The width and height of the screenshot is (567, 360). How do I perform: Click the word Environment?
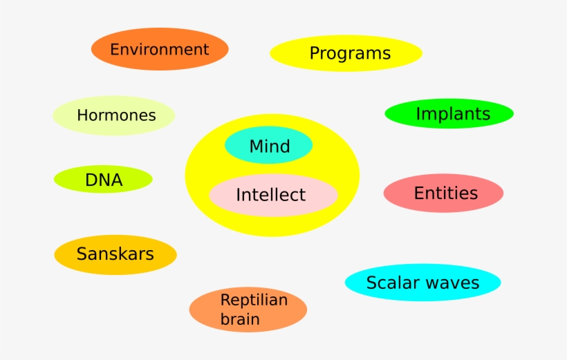click(x=159, y=50)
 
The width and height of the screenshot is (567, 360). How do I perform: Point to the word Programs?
click(x=350, y=53)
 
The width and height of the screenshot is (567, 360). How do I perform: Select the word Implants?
click(x=453, y=114)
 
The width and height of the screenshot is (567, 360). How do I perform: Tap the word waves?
click(x=452, y=283)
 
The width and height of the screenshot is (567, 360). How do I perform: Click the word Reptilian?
click(x=254, y=300)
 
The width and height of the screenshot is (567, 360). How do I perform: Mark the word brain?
click(x=240, y=319)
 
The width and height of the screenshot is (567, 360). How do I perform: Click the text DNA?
click(x=104, y=180)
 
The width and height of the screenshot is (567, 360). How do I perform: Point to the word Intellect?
click(x=270, y=195)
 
